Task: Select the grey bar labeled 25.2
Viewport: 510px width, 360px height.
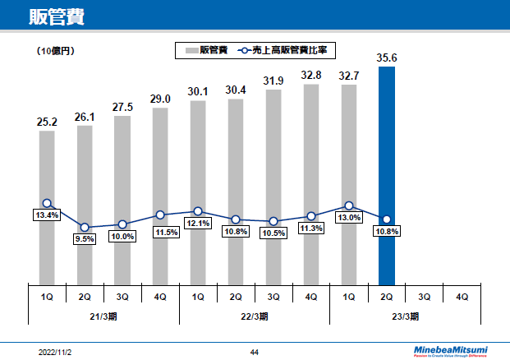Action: tap(47, 205)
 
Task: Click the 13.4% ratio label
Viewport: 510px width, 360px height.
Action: tap(48, 215)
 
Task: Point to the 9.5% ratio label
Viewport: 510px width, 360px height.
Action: tap(85, 239)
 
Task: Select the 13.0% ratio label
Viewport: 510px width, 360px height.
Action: tap(348, 218)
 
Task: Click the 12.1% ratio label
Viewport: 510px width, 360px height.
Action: tap(198, 223)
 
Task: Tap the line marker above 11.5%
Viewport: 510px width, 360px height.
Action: tap(160, 215)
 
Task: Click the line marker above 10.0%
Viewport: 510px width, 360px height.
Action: tap(122, 224)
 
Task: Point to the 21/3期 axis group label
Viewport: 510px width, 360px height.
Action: tap(103, 316)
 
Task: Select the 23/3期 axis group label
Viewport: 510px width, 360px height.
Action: tap(406, 316)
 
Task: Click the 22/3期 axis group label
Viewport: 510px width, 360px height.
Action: tap(255, 316)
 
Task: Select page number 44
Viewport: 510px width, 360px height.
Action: tap(255, 351)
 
